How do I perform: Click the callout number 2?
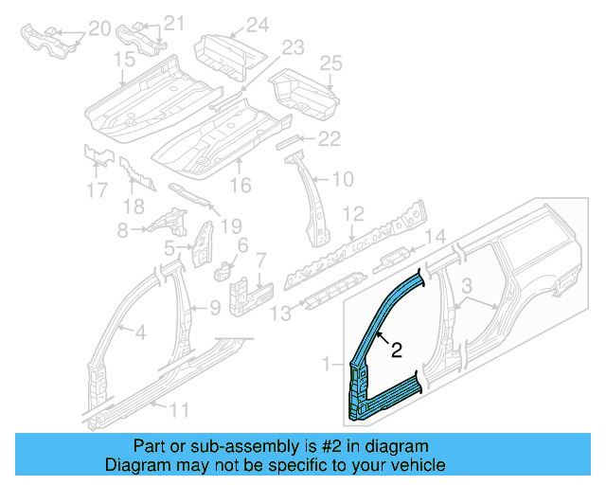(x=397, y=350)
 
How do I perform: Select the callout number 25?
(x=330, y=63)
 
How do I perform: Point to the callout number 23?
(x=291, y=47)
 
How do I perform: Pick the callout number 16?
(x=241, y=186)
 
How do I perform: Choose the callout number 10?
(x=342, y=177)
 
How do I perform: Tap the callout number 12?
(x=352, y=213)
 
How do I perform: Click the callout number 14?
(x=433, y=237)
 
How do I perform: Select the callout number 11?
(x=179, y=410)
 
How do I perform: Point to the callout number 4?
(x=139, y=332)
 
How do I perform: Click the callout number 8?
(x=121, y=230)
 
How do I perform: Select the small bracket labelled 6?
(x=224, y=268)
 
